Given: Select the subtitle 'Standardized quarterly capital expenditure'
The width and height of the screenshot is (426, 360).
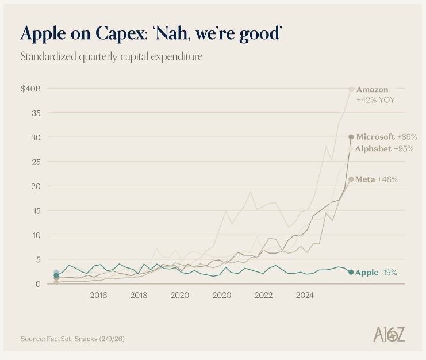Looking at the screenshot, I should [x=112, y=56].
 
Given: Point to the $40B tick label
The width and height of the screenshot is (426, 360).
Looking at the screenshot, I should [x=31, y=89].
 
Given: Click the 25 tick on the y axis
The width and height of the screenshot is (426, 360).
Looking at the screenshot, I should [x=36, y=162].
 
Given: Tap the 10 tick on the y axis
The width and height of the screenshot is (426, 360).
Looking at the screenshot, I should [x=36, y=235].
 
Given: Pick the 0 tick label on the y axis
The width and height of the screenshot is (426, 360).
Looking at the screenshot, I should [x=38, y=284].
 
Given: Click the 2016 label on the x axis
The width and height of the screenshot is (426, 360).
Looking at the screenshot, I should [x=98, y=296].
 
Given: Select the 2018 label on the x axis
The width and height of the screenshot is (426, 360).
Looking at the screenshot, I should [x=139, y=296].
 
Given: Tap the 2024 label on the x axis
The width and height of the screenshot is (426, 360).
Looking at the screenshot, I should [x=305, y=296].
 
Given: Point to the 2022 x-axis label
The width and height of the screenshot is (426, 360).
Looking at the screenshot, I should [x=263, y=296].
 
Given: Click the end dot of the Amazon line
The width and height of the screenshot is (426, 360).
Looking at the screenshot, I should [x=351, y=89].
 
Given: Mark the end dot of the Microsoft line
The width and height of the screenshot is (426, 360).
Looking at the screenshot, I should [x=351, y=137].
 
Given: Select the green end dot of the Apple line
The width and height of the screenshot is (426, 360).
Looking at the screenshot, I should [x=351, y=272].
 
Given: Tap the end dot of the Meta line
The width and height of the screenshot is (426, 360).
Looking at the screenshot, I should [x=351, y=179].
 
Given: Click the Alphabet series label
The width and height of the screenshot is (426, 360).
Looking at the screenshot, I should [x=373, y=149].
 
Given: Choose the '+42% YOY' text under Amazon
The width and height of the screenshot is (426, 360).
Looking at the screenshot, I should [x=375, y=100].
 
